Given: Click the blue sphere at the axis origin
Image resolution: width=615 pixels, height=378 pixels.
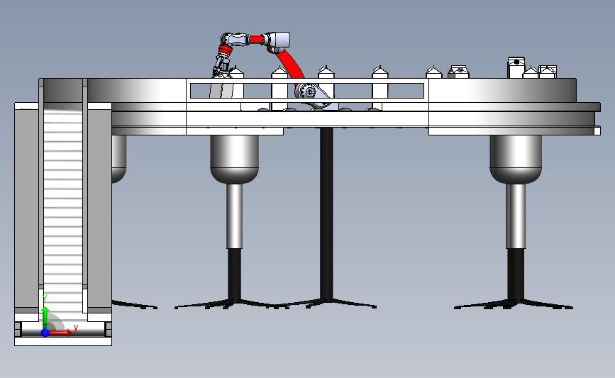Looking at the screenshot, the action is point(45,333).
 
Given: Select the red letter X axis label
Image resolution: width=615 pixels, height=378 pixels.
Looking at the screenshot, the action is point(76,329).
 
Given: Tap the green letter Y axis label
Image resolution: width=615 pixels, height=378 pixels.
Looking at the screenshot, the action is point(45,299).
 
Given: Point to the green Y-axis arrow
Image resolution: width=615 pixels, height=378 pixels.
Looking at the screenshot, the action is point(45,318).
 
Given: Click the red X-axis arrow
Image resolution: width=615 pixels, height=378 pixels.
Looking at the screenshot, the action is point(60,333).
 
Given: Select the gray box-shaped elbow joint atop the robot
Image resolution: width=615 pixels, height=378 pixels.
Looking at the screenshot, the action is point(279,41).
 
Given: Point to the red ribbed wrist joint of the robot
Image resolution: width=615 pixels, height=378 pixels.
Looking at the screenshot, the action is point(225,50).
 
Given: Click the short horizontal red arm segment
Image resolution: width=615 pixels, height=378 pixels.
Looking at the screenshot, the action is point(257,40).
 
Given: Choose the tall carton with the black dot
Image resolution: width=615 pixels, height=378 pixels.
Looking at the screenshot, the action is point(516,67).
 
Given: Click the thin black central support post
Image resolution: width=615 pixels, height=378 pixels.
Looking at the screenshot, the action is point(327,213).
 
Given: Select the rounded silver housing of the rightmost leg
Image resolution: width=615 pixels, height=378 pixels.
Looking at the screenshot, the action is point(516,159).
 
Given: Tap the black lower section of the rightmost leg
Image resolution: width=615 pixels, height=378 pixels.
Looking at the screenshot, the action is point(516,275).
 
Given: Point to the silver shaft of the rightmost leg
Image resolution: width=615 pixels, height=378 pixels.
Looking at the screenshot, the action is point(516,216).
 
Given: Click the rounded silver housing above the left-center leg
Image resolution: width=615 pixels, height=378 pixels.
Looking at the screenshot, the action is point(235,159).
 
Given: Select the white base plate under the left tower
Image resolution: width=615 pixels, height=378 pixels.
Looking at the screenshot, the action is point(63,342).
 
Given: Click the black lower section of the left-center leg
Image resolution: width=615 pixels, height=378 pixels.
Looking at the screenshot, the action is point(235,275).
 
